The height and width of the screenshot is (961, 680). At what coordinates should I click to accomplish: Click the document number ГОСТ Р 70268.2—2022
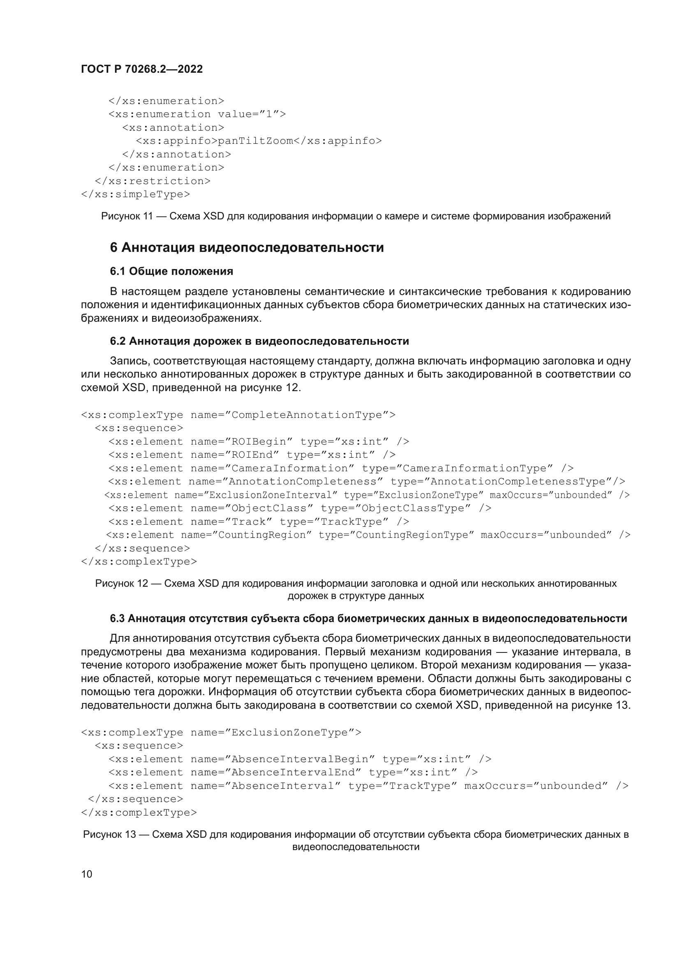pos(141,69)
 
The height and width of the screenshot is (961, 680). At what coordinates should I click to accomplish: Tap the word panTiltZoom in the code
pos(255,141)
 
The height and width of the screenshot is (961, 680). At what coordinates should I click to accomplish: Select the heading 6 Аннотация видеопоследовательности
pos(247,247)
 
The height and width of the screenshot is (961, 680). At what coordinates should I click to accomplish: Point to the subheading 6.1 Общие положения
pos(171,271)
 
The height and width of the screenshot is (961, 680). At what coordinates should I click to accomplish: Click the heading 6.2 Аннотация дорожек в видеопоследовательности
pos(259,341)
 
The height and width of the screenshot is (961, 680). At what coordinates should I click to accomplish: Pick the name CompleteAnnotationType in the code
pos(307,415)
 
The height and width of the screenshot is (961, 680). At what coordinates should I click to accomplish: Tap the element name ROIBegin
pos(259,442)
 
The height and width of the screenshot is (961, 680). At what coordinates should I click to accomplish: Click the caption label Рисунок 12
pos(121,583)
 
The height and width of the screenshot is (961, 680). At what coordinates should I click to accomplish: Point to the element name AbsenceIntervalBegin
pos(300,759)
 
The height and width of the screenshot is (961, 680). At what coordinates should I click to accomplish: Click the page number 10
pos(87,874)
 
